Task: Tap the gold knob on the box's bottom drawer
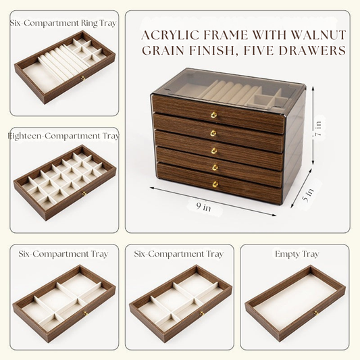pyautogui.click(x=215, y=184)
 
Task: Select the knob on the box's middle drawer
pyautogui.click(x=213, y=150)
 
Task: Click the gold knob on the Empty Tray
pyautogui.click(x=315, y=313)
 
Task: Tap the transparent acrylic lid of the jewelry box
pyautogui.click(x=230, y=84)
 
